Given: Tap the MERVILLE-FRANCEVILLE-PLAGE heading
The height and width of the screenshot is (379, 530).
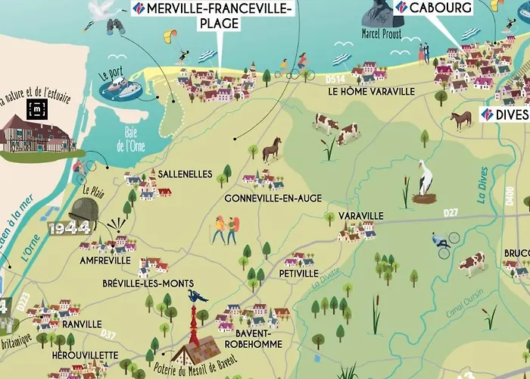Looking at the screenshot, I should pyautogui.click(x=219, y=16).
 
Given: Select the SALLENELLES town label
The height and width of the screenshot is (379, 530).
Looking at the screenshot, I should pyautogui.click(x=185, y=174).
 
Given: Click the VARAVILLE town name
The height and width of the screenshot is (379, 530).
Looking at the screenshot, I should pyautogui.click(x=361, y=216).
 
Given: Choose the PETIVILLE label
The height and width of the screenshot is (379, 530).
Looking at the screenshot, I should pyautogui.click(x=298, y=272).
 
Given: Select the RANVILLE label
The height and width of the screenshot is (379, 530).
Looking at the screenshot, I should pyautogui.click(x=83, y=324).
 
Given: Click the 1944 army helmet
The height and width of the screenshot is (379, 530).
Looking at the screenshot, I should pyautogui.click(x=82, y=213).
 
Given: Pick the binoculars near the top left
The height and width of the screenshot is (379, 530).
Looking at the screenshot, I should pyautogui.click(x=115, y=27).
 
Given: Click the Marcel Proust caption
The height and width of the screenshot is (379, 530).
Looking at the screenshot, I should pyautogui.click(x=382, y=33).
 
